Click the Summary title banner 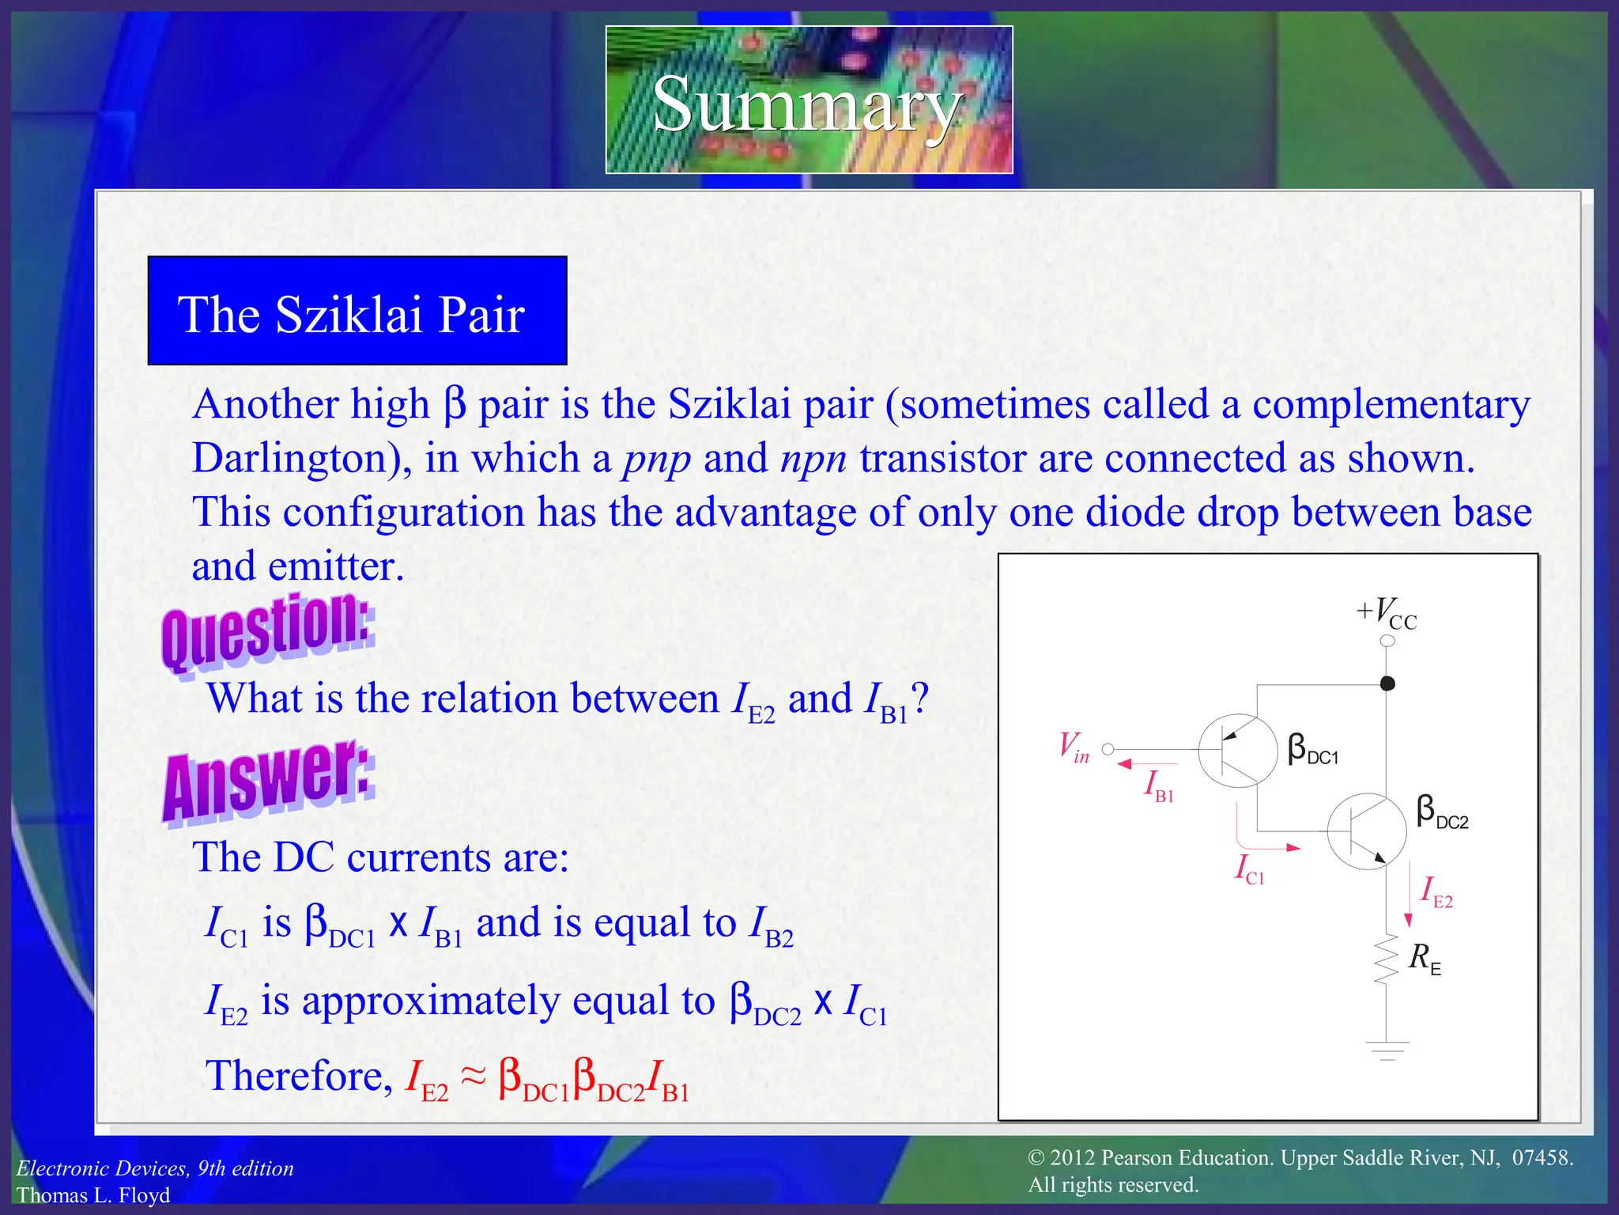click(x=809, y=100)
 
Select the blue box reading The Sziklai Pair click(x=357, y=311)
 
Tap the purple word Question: click(x=267, y=632)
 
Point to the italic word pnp click(x=657, y=460)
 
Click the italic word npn click(x=813, y=460)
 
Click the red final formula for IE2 click(x=547, y=1079)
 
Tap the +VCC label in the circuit click(x=1387, y=613)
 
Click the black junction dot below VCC click(x=1387, y=683)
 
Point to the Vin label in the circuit click(x=1074, y=747)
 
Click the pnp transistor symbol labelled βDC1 click(x=1238, y=751)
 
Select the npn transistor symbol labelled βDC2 click(x=1366, y=831)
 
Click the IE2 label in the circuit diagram click(x=1436, y=892)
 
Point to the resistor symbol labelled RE click(x=1386, y=960)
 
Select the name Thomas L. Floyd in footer click(x=93, y=1195)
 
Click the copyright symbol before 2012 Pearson click(x=1036, y=1159)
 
